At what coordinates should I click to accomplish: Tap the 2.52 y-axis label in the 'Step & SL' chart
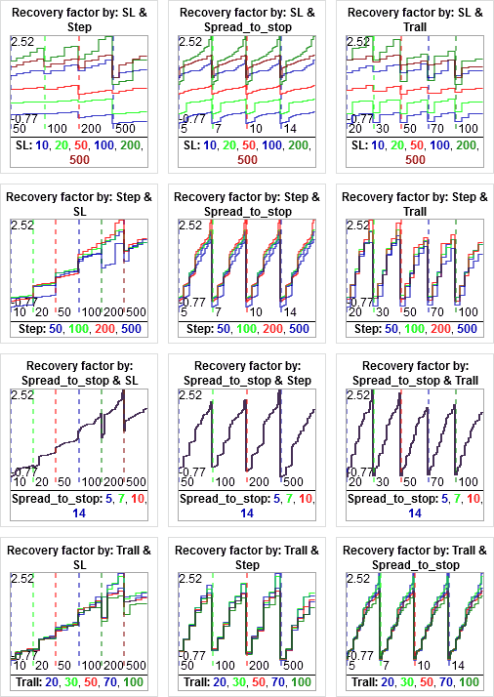coord(22,226)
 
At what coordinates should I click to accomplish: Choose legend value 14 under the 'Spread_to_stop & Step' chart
coord(246,512)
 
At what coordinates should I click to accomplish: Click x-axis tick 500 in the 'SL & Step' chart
coord(125,128)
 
